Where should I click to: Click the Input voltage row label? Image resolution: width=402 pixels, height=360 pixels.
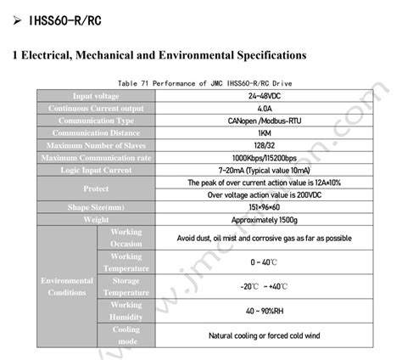(x=95, y=97)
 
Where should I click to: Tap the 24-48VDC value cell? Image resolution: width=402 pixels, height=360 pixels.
(x=263, y=97)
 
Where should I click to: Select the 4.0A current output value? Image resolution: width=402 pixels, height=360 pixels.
(x=263, y=109)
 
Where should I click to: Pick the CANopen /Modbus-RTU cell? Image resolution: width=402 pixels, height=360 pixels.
(x=263, y=121)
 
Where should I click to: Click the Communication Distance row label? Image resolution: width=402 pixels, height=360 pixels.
(x=95, y=133)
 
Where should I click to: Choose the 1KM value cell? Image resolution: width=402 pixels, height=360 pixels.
(x=263, y=133)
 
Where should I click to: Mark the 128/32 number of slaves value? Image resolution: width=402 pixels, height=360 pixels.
(x=263, y=145)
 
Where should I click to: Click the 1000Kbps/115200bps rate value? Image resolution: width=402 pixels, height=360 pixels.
(x=263, y=158)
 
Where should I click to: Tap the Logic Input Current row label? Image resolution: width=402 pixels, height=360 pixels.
(x=95, y=170)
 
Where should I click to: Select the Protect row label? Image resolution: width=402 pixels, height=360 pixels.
(x=95, y=188)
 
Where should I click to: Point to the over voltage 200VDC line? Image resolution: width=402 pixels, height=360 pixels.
(x=263, y=194)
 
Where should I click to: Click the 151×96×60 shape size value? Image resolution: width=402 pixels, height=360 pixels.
(x=263, y=207)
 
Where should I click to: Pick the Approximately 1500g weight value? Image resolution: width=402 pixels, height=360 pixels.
(x=263, y=219)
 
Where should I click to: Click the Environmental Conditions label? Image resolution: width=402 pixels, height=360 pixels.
(x=67, y=286)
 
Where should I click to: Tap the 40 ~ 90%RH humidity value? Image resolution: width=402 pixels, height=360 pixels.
(x=263, y=311)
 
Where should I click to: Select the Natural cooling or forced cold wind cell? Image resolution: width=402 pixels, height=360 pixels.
(x=263, y=335)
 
